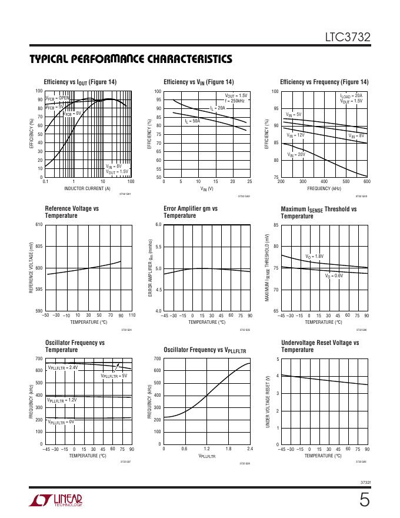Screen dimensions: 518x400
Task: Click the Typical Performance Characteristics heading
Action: click(x=131, y=59)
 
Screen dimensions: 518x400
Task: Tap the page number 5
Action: click(x=365, y=501)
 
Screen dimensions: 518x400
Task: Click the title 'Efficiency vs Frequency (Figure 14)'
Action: click(x=324, y=82)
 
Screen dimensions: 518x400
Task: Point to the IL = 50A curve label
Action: click(x=192, y=121)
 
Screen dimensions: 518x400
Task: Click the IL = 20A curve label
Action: click(x=218, y=108)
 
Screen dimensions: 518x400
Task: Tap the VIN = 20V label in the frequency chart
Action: click(x=296, y=154)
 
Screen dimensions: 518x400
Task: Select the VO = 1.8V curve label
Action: click(x=314, y=256)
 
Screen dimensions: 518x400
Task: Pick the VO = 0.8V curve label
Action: click(x=334, y=275)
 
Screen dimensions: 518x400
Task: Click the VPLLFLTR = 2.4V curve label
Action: click(x=62, y=367)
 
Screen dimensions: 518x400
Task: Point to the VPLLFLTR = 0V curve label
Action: click(x=61, y=422)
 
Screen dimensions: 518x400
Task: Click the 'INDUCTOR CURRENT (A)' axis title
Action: click(x=88, y=188)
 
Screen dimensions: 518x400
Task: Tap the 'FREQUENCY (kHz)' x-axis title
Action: click(x=324, y=188)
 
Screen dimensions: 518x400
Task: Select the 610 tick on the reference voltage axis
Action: click(x=39, y=225)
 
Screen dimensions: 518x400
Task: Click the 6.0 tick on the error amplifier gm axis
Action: click(x=158, y=225)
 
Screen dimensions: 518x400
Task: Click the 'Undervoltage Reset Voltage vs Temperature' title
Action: click(x=320, y=346)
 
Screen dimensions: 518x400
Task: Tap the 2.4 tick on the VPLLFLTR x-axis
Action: click(x=250, y=450)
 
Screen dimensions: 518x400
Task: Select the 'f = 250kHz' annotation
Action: click(x=235, y=101)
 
